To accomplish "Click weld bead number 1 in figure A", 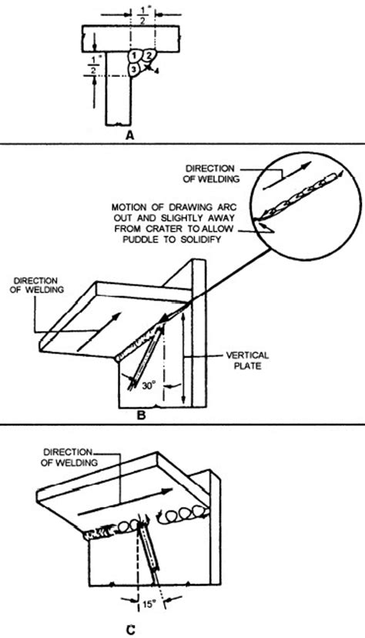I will [x=135, y=55].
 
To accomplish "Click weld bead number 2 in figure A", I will [x=149, y=55].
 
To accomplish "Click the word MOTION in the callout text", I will [x=128, y=206].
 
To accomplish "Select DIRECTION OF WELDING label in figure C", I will [x=68, y=458].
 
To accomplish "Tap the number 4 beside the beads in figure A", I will [x=157, y=72].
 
